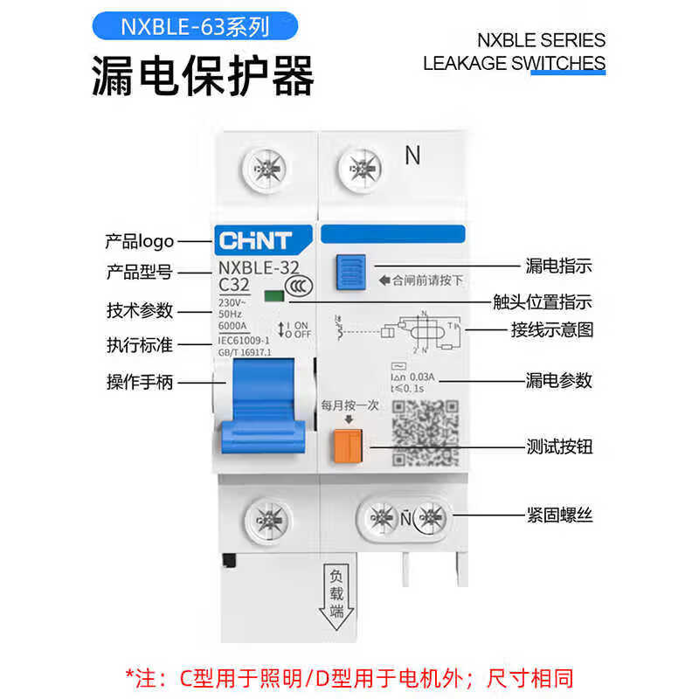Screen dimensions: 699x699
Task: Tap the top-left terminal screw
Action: (x=261, y=163)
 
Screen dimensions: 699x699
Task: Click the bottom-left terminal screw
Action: (x=261, y=515)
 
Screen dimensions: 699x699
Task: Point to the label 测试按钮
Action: (x=559, y=446)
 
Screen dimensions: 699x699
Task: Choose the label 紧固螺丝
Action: (x=559, y=515)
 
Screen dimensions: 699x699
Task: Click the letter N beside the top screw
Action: (x=412, y=156)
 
